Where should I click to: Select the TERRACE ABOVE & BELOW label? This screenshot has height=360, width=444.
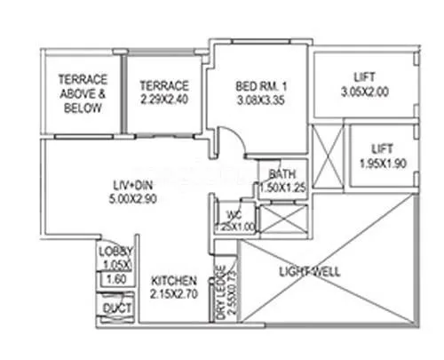(x=82, y=92)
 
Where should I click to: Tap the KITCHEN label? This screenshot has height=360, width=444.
(x=173, y=281)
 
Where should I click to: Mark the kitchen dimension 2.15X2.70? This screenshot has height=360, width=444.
(x=173, y=293)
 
